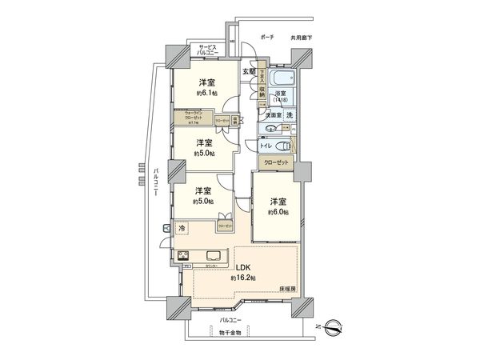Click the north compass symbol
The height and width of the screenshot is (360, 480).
coord(334,326)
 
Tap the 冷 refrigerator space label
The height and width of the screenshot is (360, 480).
coord(183,230)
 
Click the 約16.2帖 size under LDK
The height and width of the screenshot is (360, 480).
coord(243,278)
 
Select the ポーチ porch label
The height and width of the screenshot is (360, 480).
coord(266,37)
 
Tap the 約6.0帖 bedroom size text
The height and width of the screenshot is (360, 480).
coord(278,212)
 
